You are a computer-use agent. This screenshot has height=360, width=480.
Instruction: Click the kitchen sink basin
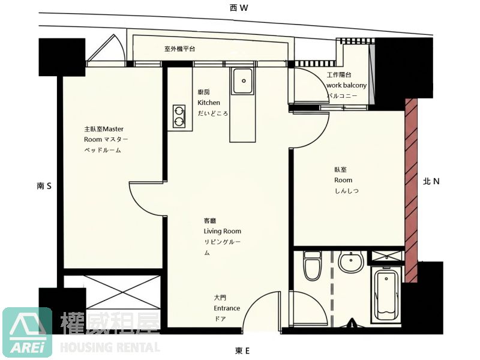tap(243, 81)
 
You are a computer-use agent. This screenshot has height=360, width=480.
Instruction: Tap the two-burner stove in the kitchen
tap(179, 116)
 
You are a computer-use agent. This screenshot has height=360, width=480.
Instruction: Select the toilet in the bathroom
tap(312, 265)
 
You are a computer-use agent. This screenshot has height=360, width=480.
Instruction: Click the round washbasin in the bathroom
tap(351, 262)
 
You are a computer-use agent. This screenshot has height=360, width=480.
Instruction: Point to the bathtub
tap(386, 295)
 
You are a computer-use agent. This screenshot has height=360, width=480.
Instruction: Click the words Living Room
tap(223, 231)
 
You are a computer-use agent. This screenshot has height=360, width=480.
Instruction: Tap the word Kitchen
tap(209, 103)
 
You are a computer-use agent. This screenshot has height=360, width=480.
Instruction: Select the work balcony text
tap(347, 85)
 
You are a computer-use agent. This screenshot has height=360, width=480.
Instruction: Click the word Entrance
tap(227, 308)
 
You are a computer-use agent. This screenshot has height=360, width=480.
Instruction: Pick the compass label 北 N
tap(431, 182)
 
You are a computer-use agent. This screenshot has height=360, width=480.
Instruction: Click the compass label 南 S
tap(44, 186)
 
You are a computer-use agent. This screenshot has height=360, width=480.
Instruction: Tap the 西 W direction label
tap(239, 8)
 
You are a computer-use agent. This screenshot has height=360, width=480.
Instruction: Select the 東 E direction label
tap(242, 351)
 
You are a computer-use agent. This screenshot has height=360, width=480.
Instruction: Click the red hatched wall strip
tap(411, 190)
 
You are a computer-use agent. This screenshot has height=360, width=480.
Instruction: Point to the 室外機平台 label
tap(179, 49)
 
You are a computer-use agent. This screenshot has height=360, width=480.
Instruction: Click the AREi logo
tap(27, 332)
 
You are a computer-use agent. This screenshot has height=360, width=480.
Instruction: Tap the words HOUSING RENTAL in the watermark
tap(110, 347)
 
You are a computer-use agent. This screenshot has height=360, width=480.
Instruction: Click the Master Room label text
tap(106, 139)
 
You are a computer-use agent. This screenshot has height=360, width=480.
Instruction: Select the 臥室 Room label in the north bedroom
tap(346, 180)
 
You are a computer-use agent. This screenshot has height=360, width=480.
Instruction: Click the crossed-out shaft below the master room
tap(122, 292)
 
